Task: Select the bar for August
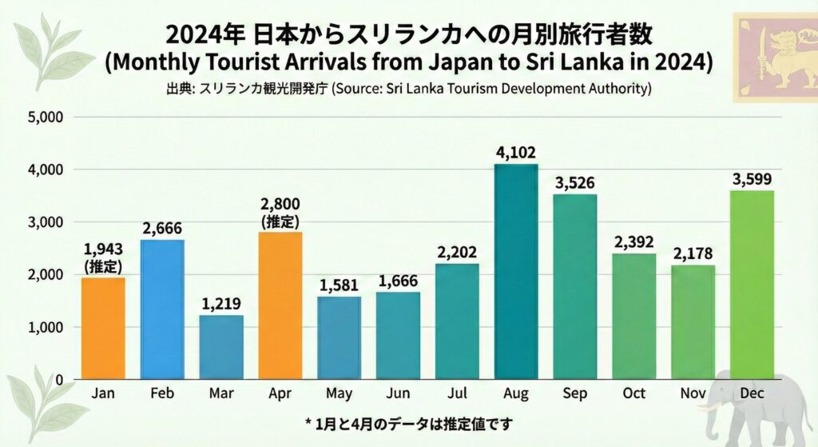516,272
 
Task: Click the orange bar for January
103,328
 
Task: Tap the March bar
221,347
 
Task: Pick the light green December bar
752,285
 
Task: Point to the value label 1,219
221,304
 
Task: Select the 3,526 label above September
575,183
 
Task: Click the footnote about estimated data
408,422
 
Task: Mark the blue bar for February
162,309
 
